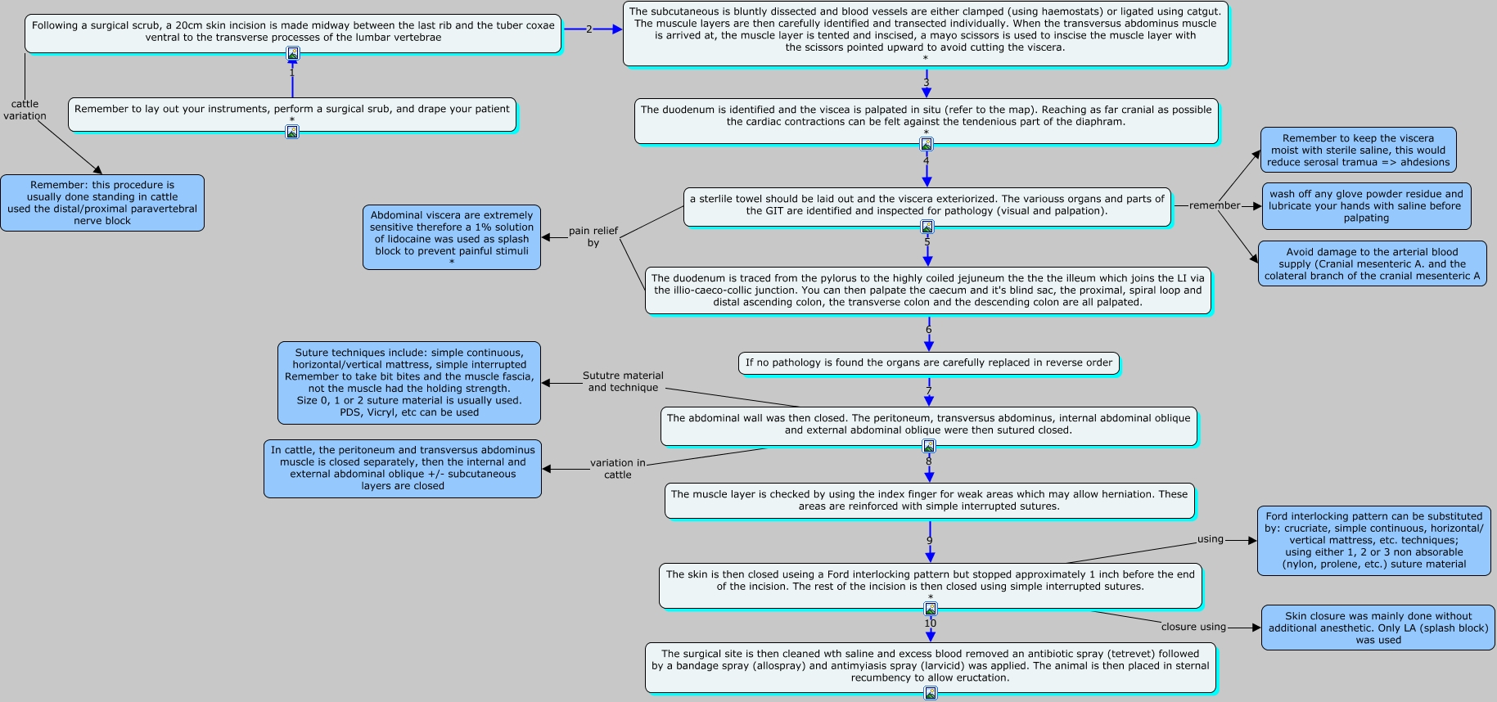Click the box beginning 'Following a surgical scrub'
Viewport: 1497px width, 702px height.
point(293,33)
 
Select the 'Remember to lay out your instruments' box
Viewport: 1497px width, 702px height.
point(292,114)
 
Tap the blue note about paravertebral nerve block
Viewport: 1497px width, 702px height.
point(102,203)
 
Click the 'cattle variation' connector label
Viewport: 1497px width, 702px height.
point(25,110)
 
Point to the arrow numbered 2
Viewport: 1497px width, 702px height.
point(593,29)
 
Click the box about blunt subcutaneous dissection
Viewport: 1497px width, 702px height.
point(926,34)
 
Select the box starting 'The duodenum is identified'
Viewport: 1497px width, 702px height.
point(927,121)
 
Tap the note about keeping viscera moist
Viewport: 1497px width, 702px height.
point(1359,150)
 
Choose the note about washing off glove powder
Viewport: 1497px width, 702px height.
point(1366,206)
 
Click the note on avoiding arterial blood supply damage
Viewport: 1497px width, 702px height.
point(1373,263)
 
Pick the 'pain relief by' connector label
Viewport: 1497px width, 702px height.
point(593,236)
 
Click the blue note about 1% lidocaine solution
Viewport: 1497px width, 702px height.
point(452,237)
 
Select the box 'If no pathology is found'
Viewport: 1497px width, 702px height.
point(929,363)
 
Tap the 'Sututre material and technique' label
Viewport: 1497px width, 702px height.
point(623,381)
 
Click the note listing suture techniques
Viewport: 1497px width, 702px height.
point(409,383)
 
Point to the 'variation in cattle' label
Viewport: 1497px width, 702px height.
point(618,469)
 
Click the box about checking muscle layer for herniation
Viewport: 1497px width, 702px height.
point(930,501)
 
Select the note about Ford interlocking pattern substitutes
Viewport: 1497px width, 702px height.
point(1374,541)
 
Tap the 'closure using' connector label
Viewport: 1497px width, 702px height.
point(1193,627)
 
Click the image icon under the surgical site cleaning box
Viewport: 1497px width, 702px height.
point(931,694)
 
